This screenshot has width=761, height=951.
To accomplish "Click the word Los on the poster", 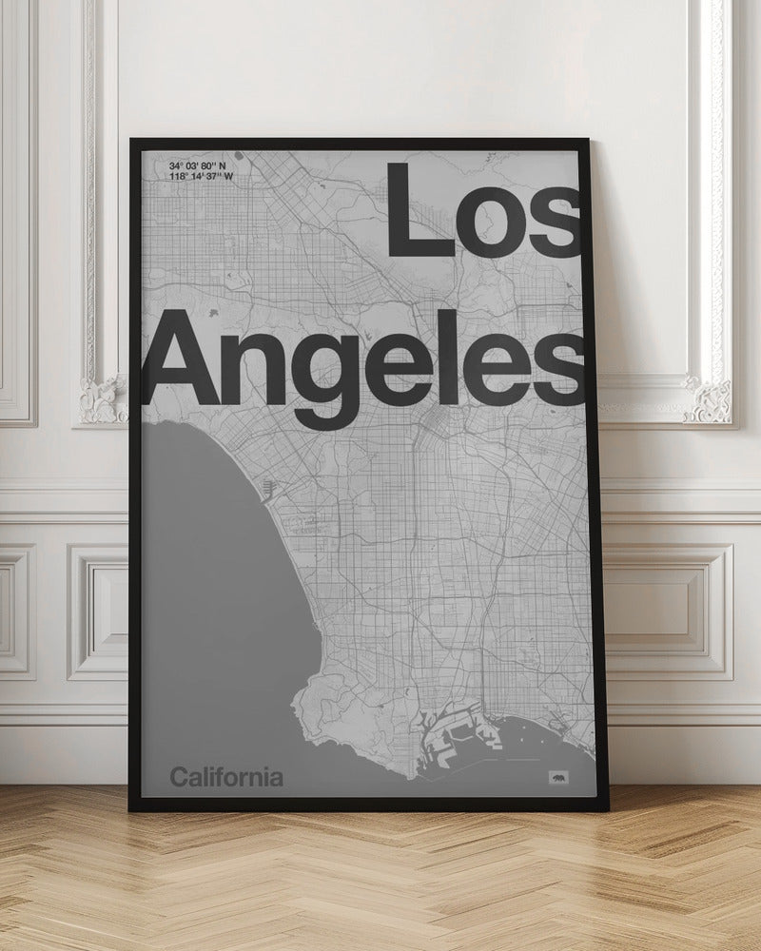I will click(483, 210).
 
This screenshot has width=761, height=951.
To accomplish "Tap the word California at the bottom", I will click(226, 778).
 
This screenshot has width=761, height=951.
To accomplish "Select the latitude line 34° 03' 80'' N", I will click(206, 166).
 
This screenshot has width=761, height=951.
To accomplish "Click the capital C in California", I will click(179, 778).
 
